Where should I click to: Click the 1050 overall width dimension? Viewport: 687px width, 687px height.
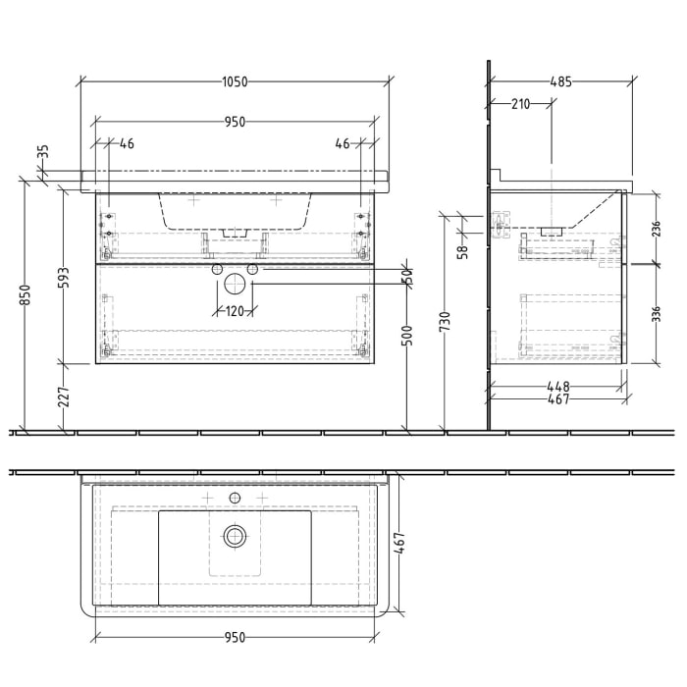pyautogui.click(x=234, y=82)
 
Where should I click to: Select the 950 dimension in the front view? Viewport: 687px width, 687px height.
pyautogui.click(x=234, y=122)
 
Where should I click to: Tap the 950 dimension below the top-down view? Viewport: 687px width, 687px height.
pyautogui.click(x=234, y=637)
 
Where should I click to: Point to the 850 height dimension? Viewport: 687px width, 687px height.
pyautogui.click(x=26, y=295)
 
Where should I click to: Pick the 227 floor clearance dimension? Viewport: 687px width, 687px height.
pyautogui.click(x=65, y=396)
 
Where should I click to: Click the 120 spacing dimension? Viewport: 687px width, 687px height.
pyautogui.click(x=235, y=312)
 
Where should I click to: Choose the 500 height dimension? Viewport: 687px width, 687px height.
pyautogui.click(x=407, y=337)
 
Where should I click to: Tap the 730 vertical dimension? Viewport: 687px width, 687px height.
pyautogui.click(x=446, y=321)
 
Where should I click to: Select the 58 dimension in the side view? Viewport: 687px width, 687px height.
pyautogui.click(x=463, y=249)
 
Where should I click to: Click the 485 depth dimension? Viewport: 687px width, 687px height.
pyautogui.click(x=560, y=82)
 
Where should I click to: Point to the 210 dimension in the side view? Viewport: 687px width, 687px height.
pyautogui.click(x=519, y=104)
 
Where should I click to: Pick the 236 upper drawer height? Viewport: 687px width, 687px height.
pyautogui.click(x=657, y=229)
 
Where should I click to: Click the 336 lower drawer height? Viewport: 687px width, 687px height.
pyautogui.click(x=657, y=313)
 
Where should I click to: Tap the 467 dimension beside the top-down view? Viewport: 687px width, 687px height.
pyautogui.click(x=402, y=541)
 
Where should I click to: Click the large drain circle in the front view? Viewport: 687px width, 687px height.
pyautogui.click(x=235, y=284)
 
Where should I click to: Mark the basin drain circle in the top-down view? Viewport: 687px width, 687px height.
pyautogui.click(x=235, y=535)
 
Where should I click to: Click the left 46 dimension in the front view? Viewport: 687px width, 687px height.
pyautogui.click(x=127, y=143)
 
